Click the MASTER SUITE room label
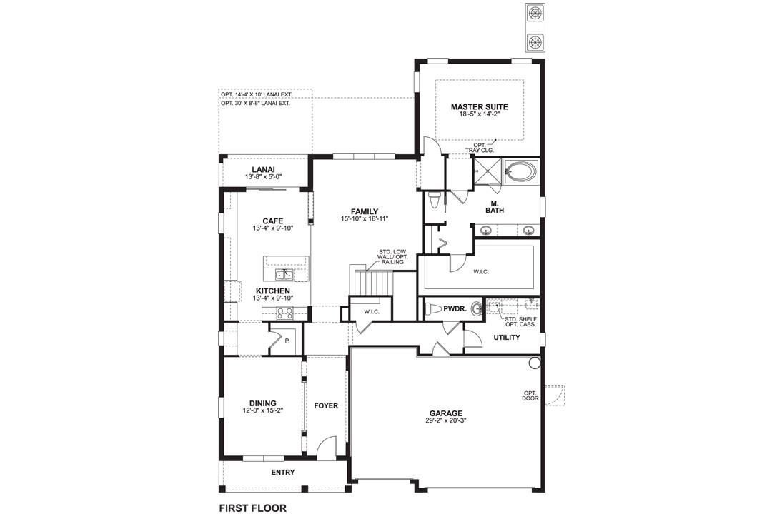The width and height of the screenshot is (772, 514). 479,106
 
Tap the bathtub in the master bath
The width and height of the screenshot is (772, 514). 521,171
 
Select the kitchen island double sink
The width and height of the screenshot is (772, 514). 283,274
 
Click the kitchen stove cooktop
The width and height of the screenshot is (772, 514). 284,313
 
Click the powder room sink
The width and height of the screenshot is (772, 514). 477,309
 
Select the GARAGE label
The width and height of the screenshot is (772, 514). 445,413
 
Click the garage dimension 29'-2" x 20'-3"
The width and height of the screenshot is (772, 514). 446,420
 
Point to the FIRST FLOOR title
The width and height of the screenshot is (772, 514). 252,508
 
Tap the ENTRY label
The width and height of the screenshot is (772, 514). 283,472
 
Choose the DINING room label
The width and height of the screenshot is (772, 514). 262,403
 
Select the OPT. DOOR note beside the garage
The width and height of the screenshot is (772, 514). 530,395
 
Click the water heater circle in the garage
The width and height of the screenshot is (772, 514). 534,363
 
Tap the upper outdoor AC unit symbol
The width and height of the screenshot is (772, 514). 534,14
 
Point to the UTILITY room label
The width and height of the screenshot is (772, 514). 507,338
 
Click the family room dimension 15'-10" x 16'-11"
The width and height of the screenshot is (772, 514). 365,219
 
